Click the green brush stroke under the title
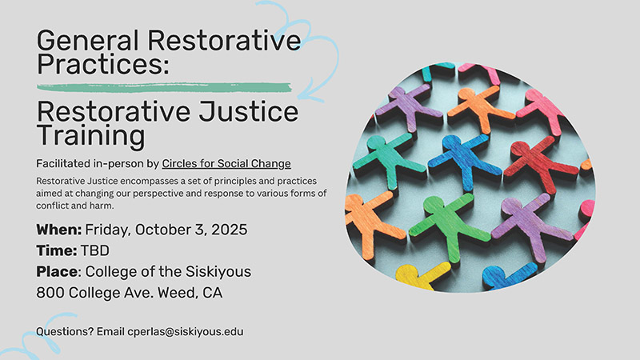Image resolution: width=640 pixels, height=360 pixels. tap(164, 87)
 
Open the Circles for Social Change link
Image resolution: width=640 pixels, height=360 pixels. tap(226, 164)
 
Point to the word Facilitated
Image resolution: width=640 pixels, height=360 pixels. tap(66, 164)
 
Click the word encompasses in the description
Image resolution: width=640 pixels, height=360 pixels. tap(143, 181)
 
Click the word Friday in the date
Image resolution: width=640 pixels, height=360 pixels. tap(111, 230)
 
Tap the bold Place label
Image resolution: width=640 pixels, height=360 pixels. tap(57, 272)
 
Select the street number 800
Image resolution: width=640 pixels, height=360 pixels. tap(50, 293)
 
